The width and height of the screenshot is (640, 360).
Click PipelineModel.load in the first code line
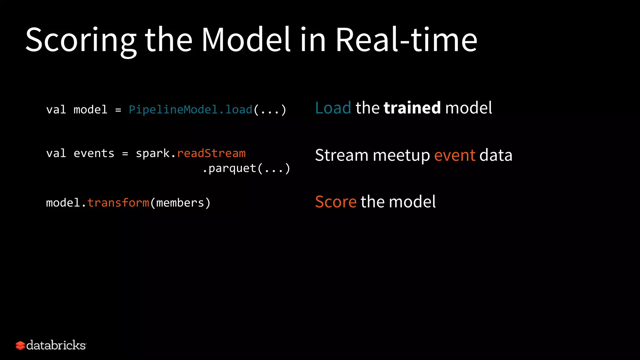point(190,110)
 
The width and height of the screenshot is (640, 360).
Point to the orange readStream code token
point(211,153)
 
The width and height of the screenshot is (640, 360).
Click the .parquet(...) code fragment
point(246,168)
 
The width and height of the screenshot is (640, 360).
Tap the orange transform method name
point(118,203)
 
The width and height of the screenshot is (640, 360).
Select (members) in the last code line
point(180,203)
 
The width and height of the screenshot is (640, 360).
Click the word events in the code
point(94,153)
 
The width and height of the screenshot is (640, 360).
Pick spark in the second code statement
point(153,153)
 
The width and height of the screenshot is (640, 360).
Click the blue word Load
point(333,108)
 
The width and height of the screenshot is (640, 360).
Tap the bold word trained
point(412,108)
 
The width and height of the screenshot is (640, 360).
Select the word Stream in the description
point(342,155)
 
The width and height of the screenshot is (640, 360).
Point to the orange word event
point(455,155)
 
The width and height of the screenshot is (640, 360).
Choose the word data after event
point(496,155)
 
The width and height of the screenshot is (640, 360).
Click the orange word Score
point(336,202)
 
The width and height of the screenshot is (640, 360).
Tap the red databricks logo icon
point(20,346)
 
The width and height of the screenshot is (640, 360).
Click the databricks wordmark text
point(56,345)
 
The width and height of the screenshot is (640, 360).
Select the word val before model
point(56,110)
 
